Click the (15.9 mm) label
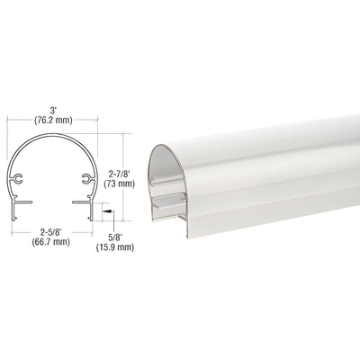(113, 247)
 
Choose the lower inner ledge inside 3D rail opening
(174, 209)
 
